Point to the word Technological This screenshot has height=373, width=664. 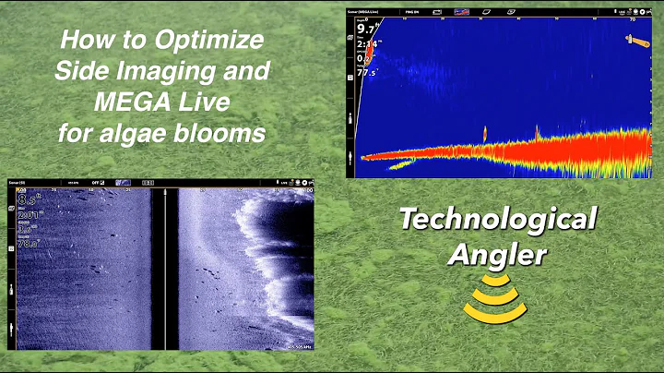click(x=497, y=220)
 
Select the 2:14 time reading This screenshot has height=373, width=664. click(x=369, y=43)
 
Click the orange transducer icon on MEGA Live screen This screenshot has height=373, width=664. click(x=636, y=40)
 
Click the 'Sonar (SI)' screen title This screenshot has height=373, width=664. click(x=19, y=183)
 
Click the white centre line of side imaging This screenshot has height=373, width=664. click(x=163, y=268)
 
